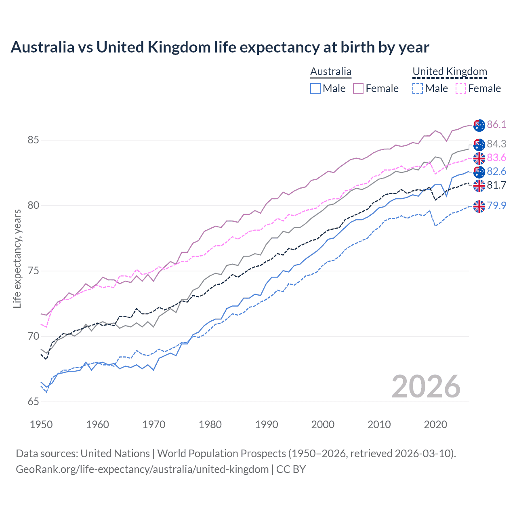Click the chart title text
220,47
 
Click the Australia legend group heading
330,72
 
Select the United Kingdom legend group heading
450,72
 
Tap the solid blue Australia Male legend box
315,88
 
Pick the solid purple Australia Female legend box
358,88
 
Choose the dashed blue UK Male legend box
418,88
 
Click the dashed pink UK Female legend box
460,88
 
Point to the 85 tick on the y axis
33,140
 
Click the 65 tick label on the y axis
33,401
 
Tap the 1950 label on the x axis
41,425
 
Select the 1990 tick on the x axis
267,425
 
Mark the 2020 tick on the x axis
435,425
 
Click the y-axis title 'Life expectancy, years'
17,258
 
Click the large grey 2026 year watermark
426,387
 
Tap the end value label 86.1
496,124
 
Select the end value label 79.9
496,206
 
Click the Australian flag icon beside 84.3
479,144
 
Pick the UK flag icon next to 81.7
479,185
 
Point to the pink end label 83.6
496,158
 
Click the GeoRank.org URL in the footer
142,469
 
